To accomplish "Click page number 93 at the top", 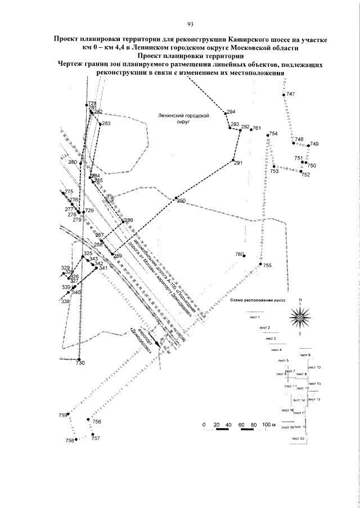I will [x=190, y=24].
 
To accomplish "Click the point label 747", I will [x=290, y=94].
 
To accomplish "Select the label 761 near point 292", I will [x=257, y=129].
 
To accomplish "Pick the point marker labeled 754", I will [x=268, y=134].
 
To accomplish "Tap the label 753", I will [x=274, y=172].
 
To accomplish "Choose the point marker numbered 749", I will [x=308, y=146].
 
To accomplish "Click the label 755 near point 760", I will [x=267, y=265].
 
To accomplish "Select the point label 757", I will [x=96, y=438].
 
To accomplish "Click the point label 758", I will [x=70, y=440].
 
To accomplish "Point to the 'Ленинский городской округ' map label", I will [x=184, y=117].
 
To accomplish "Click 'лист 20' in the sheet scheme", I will [x=298, y=438].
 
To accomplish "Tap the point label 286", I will [x=129, y=220].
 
